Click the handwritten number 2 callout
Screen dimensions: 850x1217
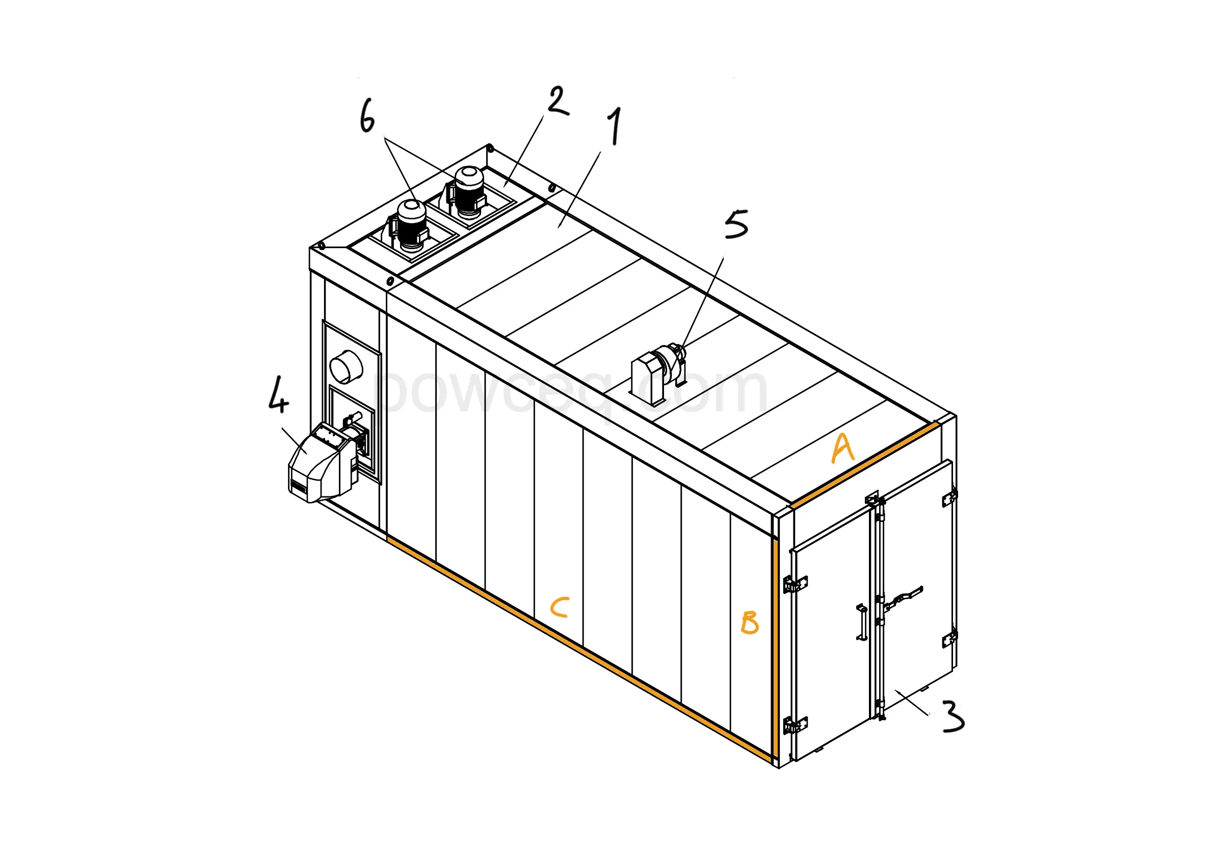[557, 101]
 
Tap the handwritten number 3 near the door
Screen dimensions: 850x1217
[953, 716]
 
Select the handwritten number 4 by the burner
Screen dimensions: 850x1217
[278, 395]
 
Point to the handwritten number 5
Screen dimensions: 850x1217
[736, 224]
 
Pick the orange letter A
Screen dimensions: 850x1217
[842, 448]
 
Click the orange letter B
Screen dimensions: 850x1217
[750, 622]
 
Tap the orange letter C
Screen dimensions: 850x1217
[560, 608]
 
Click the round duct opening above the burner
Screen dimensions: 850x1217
[346, 366]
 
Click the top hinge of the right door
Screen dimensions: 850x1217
[949, 499]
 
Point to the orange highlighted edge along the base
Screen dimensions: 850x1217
[578, 650]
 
